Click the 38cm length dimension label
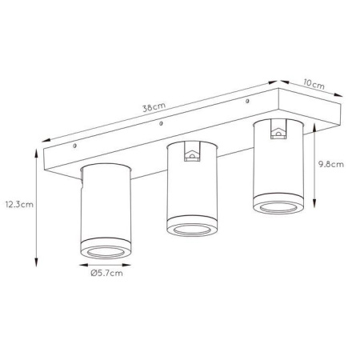tap(154, 107)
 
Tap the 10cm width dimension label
tap(314, 85)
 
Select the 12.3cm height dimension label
tap(19, 205)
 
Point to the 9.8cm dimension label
tap(331, 164)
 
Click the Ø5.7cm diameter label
tap(106, 274)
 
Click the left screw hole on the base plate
tap(75, 146)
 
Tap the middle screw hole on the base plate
tap(161, 123)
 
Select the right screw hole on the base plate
tap(247, 101)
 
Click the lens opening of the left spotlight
tap(106, 252)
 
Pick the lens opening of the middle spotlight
tap(192, 230)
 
